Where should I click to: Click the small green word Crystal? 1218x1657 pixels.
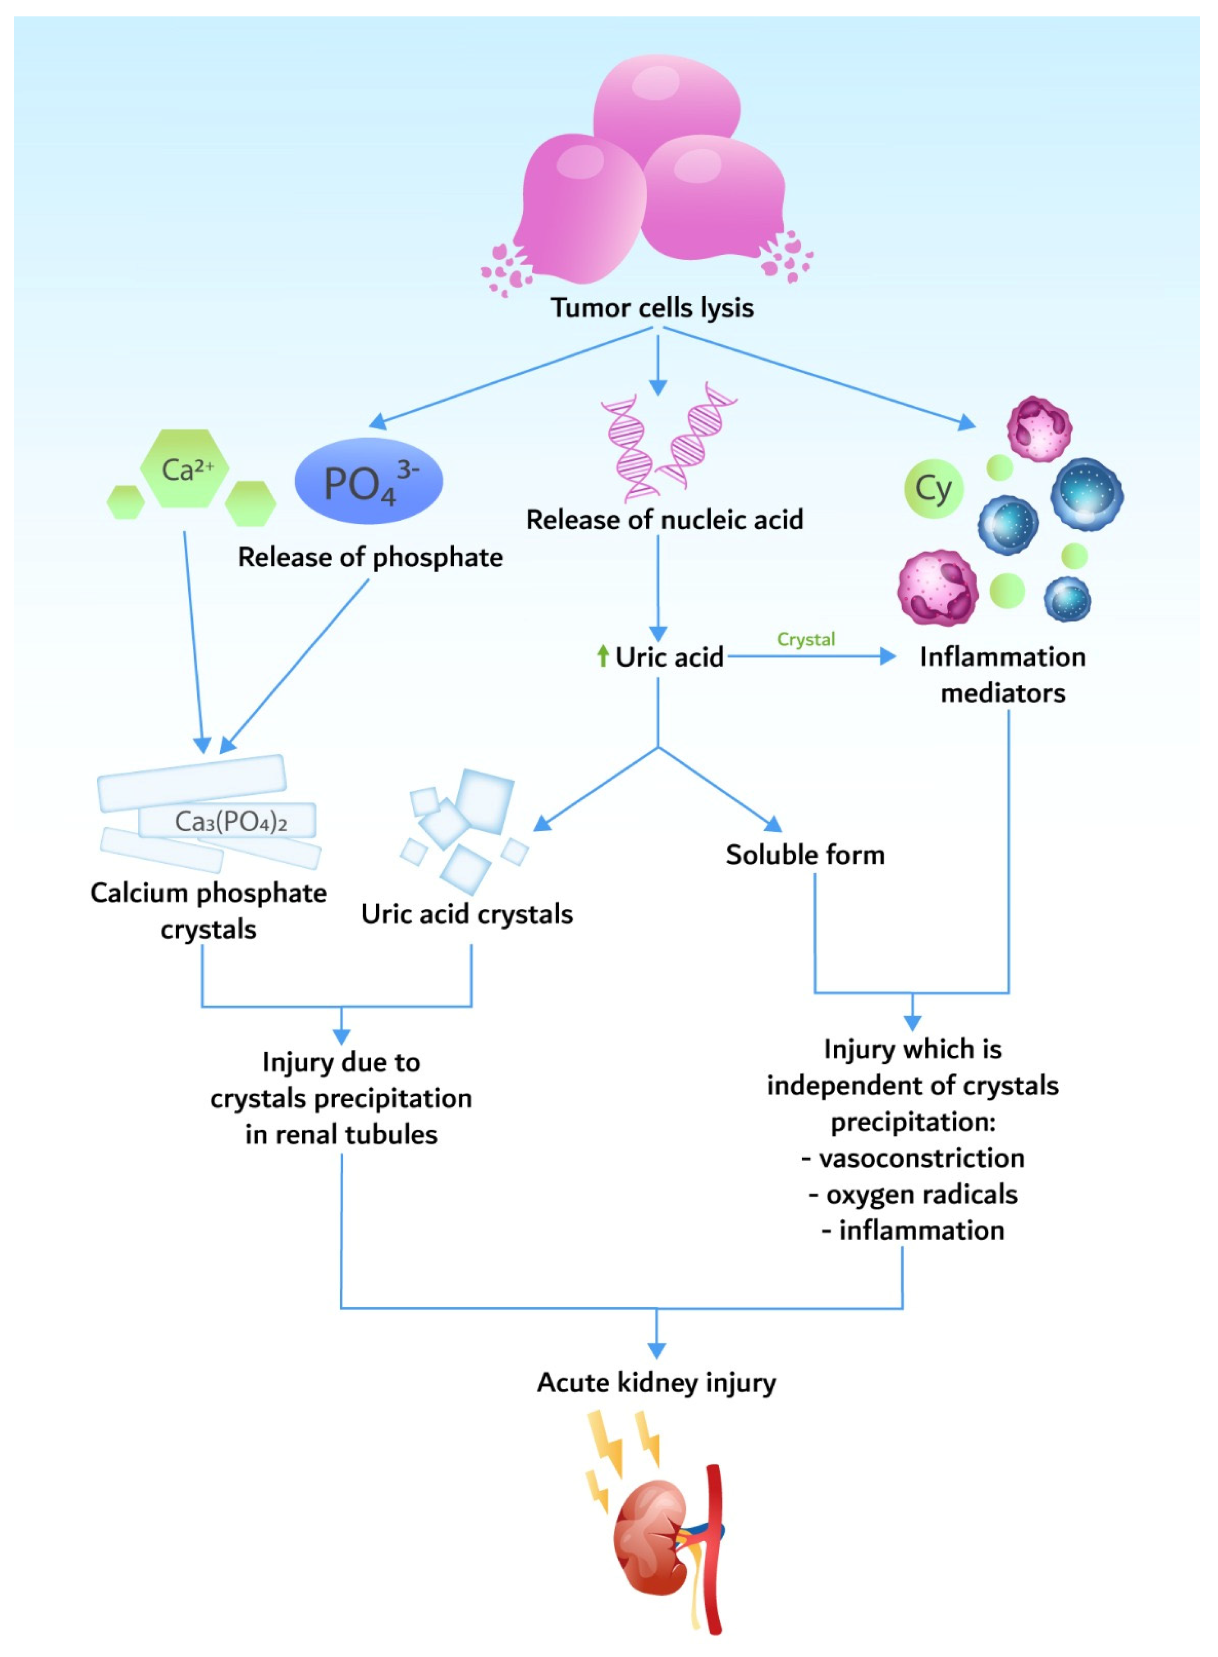806,639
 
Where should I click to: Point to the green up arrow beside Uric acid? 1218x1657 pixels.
602,656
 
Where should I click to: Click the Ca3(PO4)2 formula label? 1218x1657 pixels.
230,821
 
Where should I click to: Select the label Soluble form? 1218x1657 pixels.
805,855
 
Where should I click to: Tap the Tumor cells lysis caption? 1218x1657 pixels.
652,307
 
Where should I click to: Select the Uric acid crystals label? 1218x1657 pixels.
467,914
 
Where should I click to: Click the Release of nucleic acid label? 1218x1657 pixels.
664,520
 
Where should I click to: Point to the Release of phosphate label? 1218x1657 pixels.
370,558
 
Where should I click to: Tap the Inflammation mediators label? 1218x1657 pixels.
1003,675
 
